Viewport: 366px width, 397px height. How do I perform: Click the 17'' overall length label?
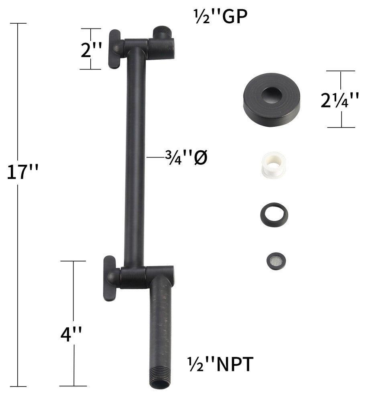22,172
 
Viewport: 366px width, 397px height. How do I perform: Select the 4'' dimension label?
71,334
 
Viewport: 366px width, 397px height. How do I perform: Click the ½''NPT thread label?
220,364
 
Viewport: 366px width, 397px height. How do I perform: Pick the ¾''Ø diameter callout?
186,157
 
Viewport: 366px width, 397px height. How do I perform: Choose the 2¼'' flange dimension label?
340,100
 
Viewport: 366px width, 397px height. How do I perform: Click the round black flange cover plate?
271,99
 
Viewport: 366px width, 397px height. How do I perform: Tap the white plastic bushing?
273,164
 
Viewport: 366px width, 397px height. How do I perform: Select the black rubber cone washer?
274,215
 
